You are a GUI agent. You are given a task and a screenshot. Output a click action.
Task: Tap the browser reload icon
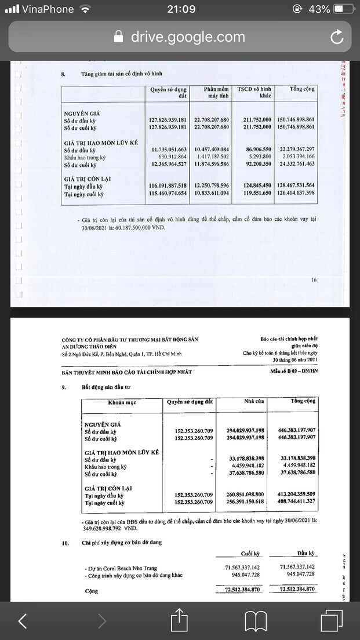(x=337, y=37)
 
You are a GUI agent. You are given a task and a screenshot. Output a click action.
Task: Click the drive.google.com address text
(x=187, y=37)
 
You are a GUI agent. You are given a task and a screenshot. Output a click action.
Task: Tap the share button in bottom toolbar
(x=180, y=620)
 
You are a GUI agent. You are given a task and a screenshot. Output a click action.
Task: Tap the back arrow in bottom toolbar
(x=23, y=620)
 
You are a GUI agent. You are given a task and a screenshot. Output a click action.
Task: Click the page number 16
(x=314, y=280)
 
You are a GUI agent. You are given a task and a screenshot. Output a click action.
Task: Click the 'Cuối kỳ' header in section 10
(x=250, y=553)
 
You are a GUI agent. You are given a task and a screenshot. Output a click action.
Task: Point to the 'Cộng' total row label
(x=90, y=591)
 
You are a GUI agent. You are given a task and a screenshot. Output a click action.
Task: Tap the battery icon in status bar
(x=343, y=9)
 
